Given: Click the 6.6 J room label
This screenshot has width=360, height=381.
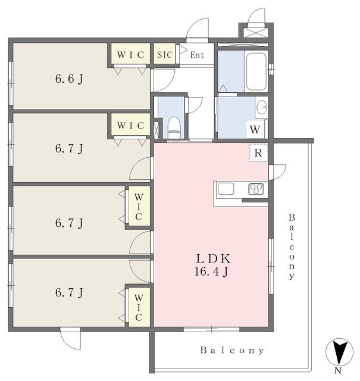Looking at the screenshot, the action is tap(69, 79).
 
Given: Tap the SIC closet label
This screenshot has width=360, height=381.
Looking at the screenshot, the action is tap(164, 55).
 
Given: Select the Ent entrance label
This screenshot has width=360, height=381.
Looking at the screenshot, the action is tap(197, 55).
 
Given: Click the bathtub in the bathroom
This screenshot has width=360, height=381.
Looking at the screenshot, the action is tap(256, 71).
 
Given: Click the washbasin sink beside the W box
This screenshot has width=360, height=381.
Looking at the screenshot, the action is tap(262, 107).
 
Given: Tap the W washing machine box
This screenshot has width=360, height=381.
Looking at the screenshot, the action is tap(255, 130).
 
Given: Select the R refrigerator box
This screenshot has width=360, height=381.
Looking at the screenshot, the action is tap(258, 153).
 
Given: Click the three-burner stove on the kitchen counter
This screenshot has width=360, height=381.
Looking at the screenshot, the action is tap(256, 189).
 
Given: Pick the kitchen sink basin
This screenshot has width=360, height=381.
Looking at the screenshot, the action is tap(226, 189).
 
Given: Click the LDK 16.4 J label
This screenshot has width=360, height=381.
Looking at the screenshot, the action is tap(212, 265).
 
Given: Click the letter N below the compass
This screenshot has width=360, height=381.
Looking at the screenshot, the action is tap(338, 370).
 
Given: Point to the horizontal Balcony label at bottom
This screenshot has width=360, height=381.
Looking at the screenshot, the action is tap(232, 351).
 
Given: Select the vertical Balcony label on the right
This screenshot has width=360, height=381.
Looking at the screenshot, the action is tap(292, 246).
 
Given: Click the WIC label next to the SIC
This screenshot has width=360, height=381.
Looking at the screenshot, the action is tap(131, 55).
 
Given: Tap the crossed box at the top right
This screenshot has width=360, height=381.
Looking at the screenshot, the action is tap(256, 33).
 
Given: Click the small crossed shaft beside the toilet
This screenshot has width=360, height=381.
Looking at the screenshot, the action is tap(156, 129).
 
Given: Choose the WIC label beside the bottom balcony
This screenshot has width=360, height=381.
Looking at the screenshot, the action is tap(139, 307).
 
